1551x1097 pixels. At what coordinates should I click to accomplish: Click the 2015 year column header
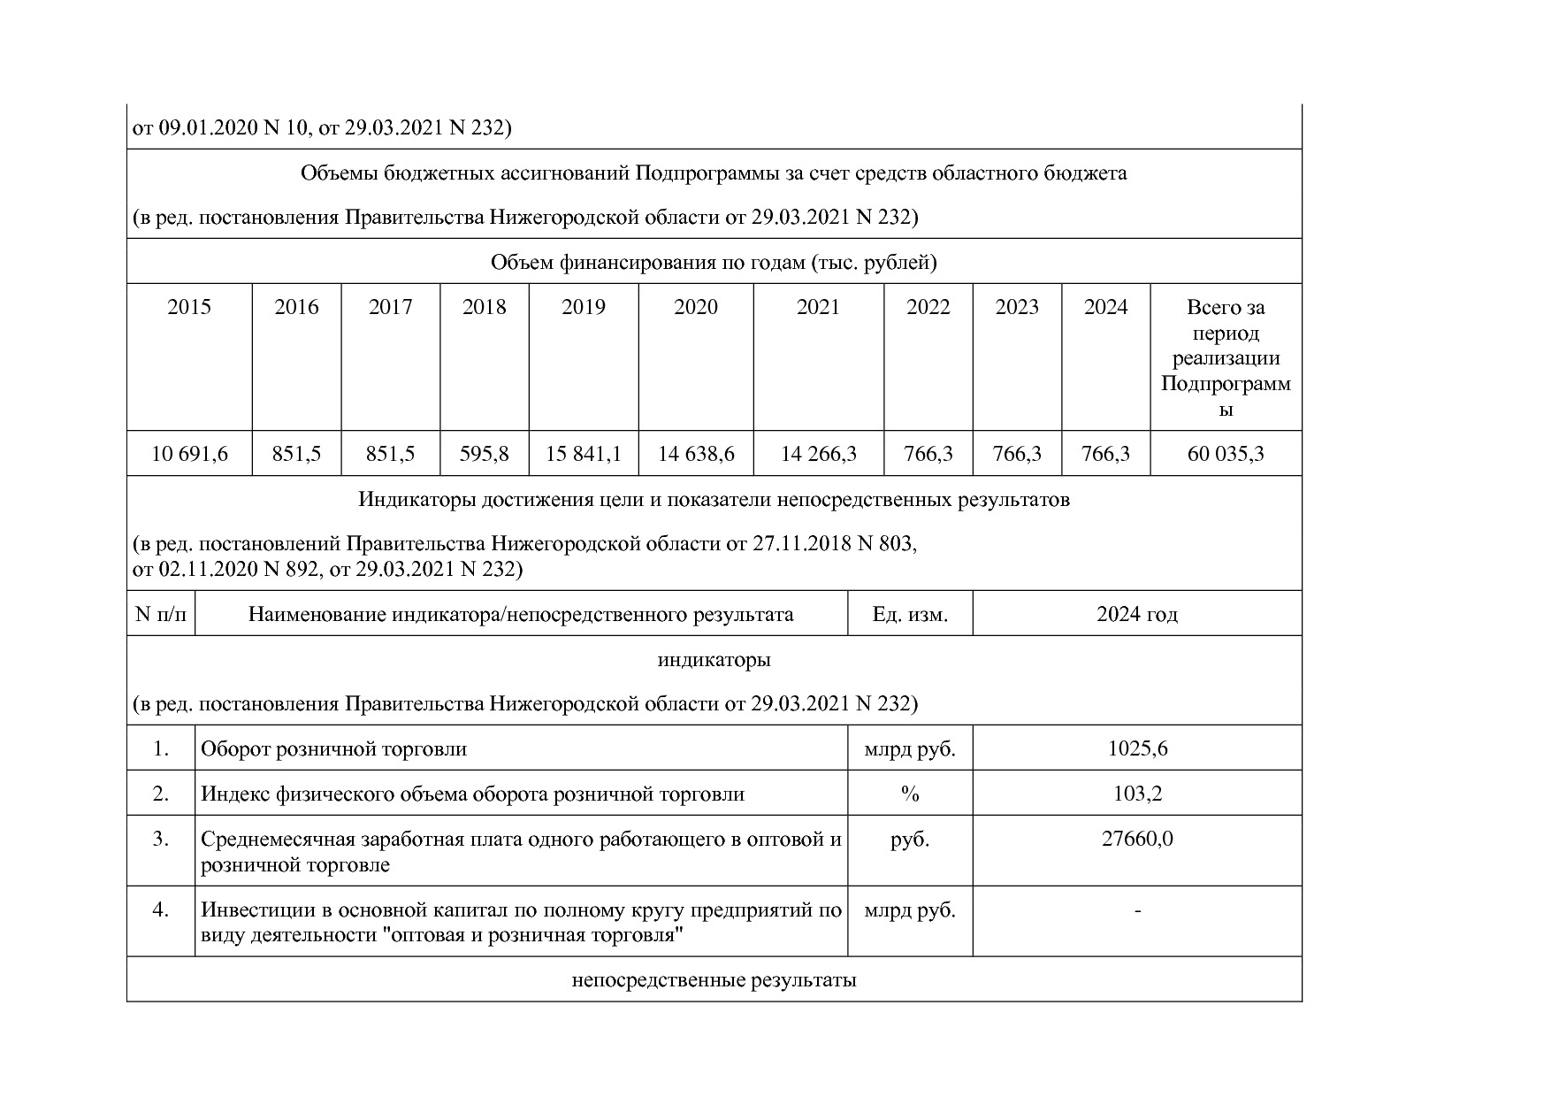point(189,307)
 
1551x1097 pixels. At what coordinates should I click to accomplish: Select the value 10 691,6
point(189,454)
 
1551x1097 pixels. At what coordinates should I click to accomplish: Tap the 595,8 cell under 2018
point(484,454)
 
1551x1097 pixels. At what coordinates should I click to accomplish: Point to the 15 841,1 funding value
point(584,454)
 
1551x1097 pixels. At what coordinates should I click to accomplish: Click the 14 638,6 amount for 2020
point(696,454)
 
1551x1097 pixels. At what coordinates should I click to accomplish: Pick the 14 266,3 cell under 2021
point(818,454)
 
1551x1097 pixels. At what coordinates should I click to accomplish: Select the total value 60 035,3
point(1226,454)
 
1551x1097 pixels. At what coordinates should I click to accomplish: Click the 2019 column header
point(584,307)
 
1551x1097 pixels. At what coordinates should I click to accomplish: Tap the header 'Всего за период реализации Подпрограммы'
point(1226,358)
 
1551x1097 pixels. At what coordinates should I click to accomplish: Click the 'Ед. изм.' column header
point(910,614)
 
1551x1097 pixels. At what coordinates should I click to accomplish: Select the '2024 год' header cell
point(1137,614)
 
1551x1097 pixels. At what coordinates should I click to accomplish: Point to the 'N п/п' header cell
point(161,614)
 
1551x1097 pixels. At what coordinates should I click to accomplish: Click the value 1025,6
point(1137,748)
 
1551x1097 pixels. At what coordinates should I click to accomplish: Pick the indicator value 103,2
point(1137,794)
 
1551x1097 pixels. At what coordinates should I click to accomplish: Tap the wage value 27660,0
point(1137,839)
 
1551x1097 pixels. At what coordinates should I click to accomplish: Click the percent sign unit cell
point(910,794)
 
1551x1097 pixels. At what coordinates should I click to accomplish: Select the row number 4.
point(161,909)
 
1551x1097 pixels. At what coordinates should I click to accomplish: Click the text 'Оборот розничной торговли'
point(333,748)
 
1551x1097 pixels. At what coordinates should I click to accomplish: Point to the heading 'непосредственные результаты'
point(714,980)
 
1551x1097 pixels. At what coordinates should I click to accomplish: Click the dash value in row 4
point(1137,909)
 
